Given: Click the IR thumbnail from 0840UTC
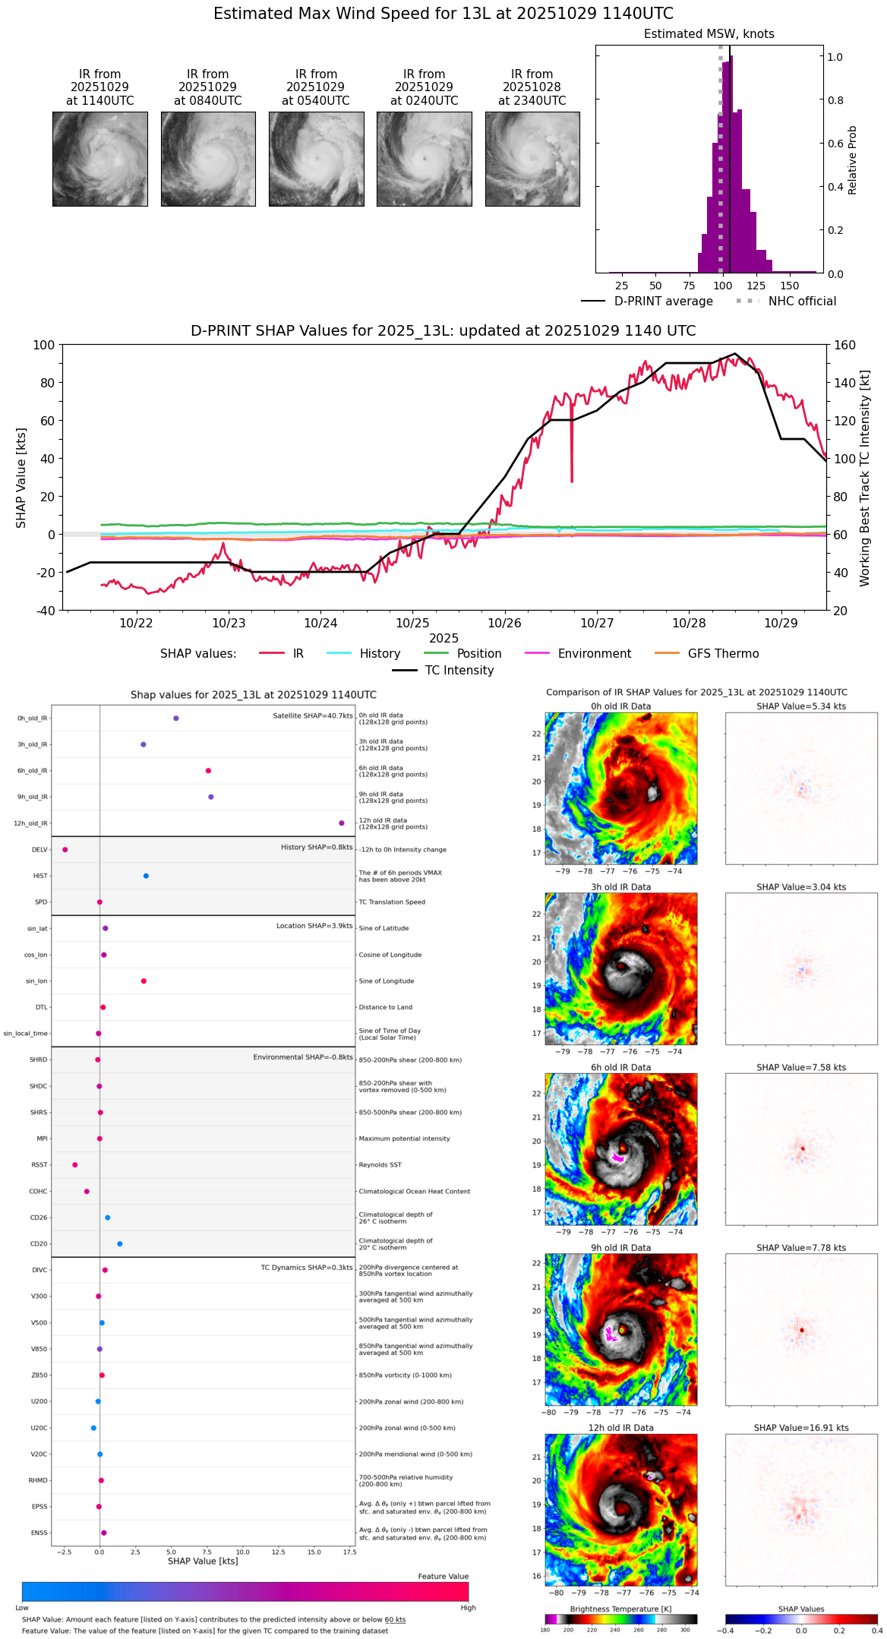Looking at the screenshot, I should (x=208, y=159).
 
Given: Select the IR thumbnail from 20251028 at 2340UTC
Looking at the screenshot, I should (x=532, y=159).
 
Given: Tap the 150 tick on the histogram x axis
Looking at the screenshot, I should (x=790, y=286).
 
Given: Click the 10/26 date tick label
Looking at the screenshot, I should (x=504, y=623).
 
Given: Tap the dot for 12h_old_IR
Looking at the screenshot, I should (x=342, y=823).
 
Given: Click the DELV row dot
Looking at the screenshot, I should (x=65, y=850).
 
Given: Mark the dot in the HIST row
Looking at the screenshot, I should (x=146, y=876).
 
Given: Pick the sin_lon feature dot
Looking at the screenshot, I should (x=144, y=981).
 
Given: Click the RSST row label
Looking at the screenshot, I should (x=39, y=1165).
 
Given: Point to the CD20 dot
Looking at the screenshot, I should (x=120, y=1244).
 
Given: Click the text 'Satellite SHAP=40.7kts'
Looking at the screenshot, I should (x=313, y=716).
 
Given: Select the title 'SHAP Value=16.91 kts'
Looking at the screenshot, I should (x=801, y=1428).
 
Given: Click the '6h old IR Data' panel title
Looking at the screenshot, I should (x=620, y=1067).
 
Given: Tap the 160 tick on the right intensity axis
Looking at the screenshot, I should (x=844, y=345).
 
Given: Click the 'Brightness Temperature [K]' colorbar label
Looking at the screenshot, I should (x=620, y=1609).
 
